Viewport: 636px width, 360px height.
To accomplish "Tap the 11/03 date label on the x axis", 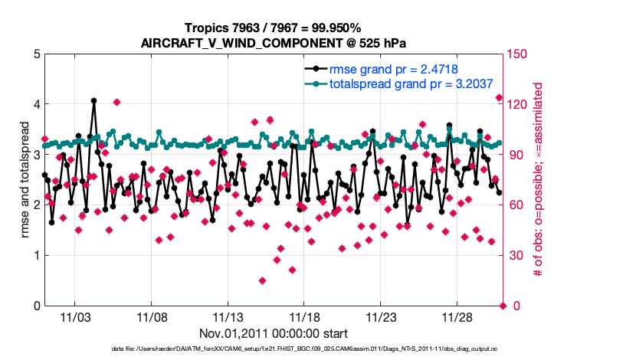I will coord(76,316).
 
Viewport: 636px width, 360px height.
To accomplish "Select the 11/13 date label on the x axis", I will coord(228,316).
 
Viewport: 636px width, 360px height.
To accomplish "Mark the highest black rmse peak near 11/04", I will coord(93,100).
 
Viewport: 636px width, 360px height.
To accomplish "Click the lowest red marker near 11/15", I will coord(262,280).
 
